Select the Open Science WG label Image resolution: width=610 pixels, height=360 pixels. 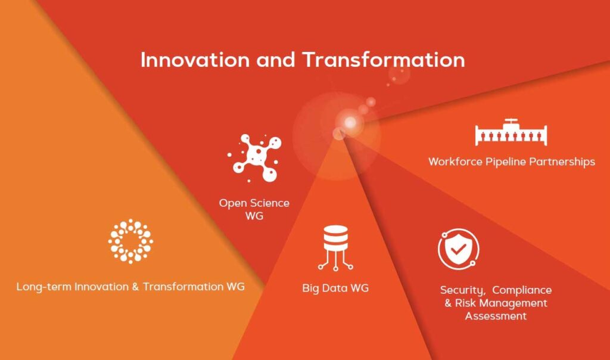pyautogui.click(x=254, y=209)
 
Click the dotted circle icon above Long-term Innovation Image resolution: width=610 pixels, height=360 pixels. pyautogui.click(x=130, y=241)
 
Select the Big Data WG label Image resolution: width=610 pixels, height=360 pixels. pyautogui.click(x=335, y=288)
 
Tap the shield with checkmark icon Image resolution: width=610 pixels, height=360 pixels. pyautogui.click(x=458, y=250)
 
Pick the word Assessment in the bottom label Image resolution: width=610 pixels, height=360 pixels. pyautogui.click(x=496, y=316)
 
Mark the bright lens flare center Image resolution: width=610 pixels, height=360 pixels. pyautogui.click(x=350, y=122)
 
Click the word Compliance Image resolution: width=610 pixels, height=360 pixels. pyautogui.click(x=522, y=290)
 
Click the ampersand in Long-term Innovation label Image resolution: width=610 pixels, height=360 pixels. pyautogui.click(x=135, y=287)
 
